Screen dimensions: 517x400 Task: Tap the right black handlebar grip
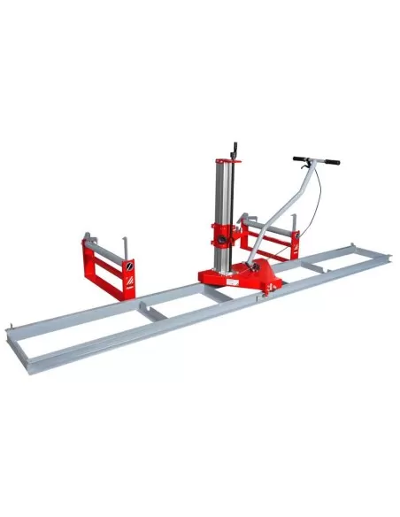[328, 162]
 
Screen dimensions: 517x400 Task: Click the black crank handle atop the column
[235, 148]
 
